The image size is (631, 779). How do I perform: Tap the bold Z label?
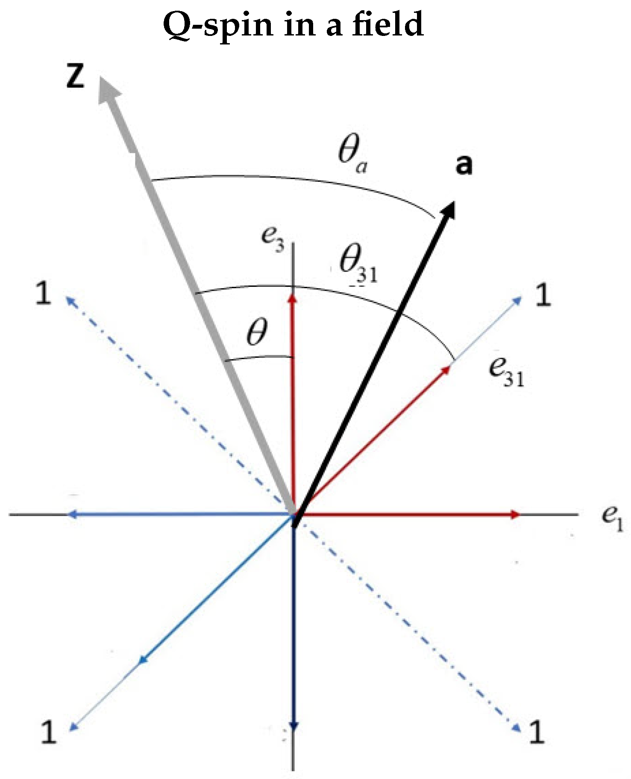pos(75,77)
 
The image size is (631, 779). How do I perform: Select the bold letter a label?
pos(464,165)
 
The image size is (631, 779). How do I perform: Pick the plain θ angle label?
pos(257,332)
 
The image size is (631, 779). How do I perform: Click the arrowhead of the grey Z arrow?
pos(107,90)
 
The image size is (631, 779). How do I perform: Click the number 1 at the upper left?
pos(43,294)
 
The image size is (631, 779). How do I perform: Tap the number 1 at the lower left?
pos(48,732)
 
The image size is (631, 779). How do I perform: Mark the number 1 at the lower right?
pos(537,732)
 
